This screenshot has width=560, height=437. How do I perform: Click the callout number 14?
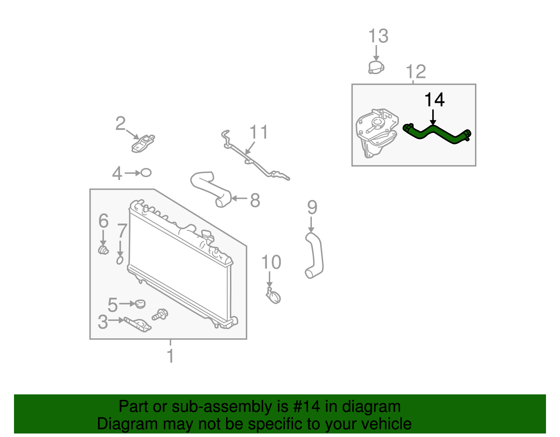pyautogui.click(x=434, y=100)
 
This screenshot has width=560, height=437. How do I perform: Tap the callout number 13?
pyautogui.click(x=378, y=36)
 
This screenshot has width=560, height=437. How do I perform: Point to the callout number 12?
pyautogui.click(x=416, y=72)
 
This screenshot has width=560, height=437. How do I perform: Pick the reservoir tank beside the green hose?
pyautogui.click(x=377, y=133)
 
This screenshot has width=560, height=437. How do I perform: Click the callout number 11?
pyautogui.click(x=259, y=132)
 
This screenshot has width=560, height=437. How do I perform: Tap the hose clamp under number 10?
pyautogui.click(x=273, y=296)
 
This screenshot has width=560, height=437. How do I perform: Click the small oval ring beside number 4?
pyautogui.click(x=146, y=172)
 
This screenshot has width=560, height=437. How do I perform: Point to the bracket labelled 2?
pyautogui.click(x=143, y=143)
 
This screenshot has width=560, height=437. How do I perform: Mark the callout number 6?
pyautogui.click(x=103, y=221)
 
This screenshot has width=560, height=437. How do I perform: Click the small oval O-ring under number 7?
pyautogui.click(x=120, y=260)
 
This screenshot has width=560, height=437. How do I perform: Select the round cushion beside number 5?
pyautogui.click(x=140, y=304)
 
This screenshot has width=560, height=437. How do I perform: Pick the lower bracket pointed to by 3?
pyautogui.click(x=138, y=325)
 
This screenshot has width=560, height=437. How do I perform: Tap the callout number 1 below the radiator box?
pyautogui.click(x=170, y=356)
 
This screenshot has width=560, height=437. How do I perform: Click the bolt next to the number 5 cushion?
pyautogui.click(x=160, y=315)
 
